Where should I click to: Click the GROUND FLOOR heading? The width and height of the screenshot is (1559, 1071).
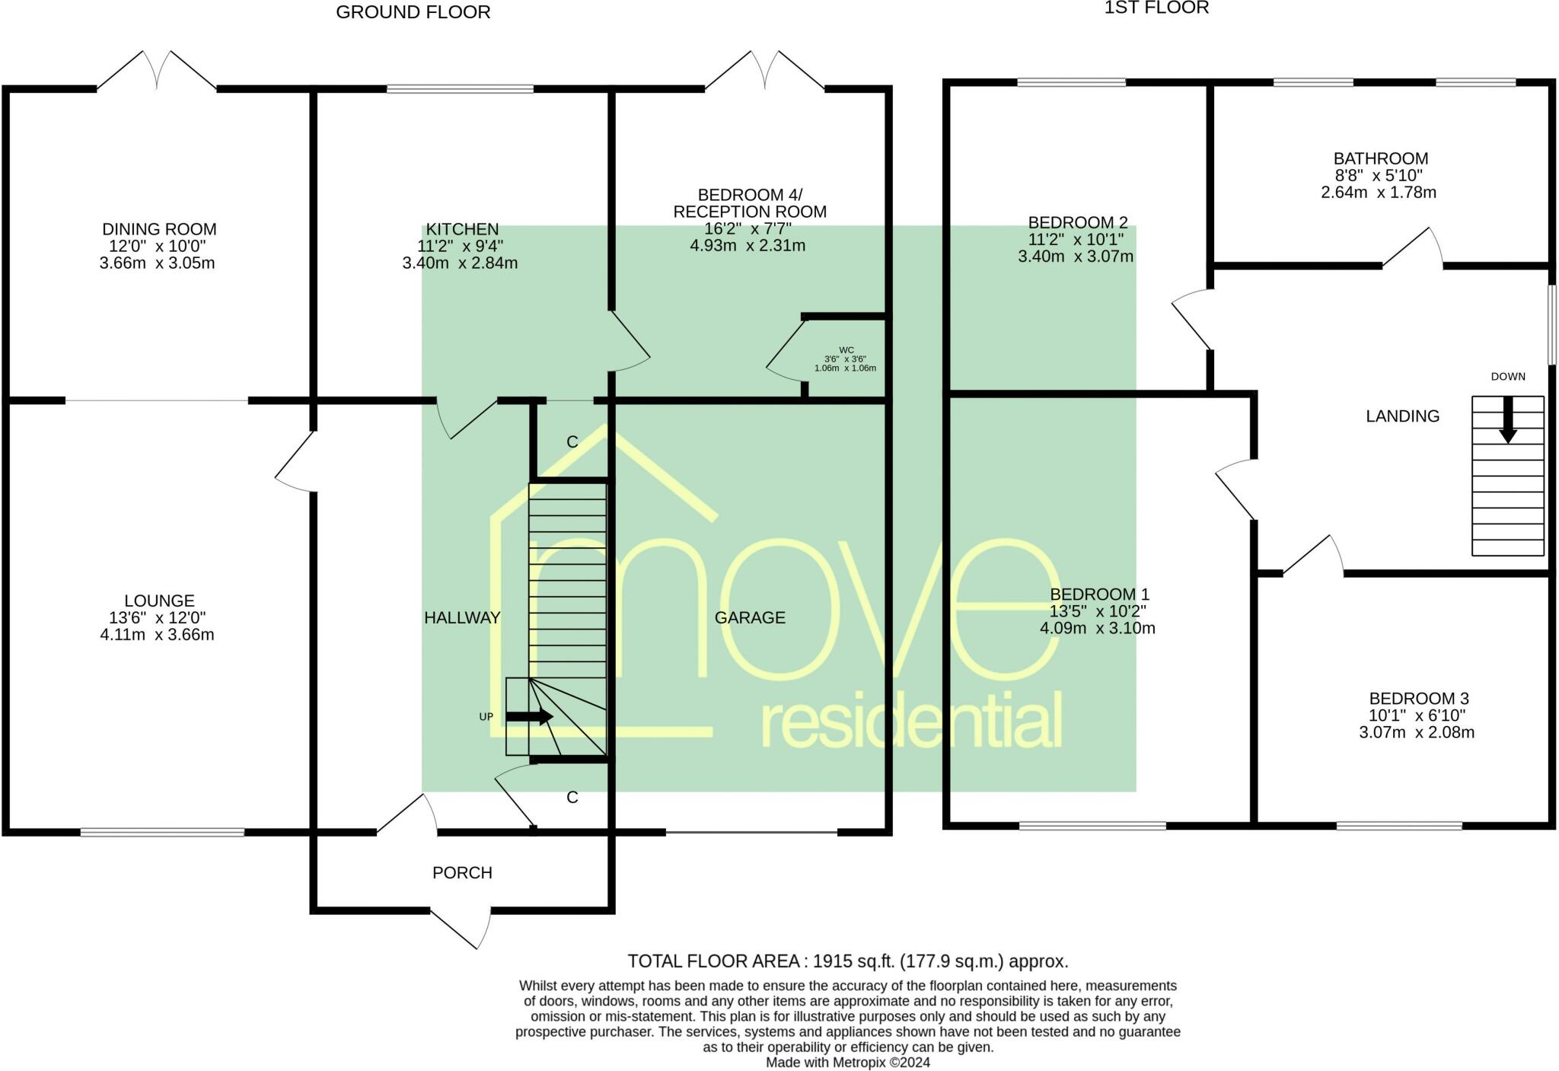(x=413, y=12)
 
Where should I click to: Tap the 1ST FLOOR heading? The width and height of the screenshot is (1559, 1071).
(x=1156, y=8)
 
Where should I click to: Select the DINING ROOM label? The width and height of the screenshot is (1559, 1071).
(x=159, y=229)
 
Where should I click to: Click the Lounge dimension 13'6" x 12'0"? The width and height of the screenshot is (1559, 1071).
(x=158, y=618)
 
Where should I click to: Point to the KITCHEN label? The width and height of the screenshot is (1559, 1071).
(x=462, y=229)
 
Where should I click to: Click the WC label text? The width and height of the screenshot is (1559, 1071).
(x=846, y=350)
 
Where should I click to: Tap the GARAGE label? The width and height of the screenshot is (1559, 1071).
(x=750, y=617)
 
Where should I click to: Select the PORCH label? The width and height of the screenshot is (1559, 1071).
(x=462, y=873)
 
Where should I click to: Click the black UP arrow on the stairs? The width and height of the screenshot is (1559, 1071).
(x=530, y=716)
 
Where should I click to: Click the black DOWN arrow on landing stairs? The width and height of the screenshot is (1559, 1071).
(x=1507, y=420)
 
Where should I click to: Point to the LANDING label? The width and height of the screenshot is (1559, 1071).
(x=1402, y=416)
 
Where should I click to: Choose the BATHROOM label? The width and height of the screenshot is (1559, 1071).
(x=1380, y=159)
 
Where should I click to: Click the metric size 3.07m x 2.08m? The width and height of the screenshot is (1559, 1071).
(x=1417, y=733)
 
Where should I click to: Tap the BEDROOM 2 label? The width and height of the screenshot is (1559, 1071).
(x=1077, y=223)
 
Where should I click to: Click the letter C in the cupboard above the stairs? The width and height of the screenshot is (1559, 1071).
(x=572, y=442)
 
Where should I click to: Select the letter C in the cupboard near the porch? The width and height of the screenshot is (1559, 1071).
(x=572, y=797)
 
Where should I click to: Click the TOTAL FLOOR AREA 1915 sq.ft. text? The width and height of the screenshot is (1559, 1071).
(x=847, y=961)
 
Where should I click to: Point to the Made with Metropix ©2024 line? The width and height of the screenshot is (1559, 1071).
(x=847, y=1063)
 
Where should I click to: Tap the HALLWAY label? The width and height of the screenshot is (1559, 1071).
(x=462, y=618)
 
